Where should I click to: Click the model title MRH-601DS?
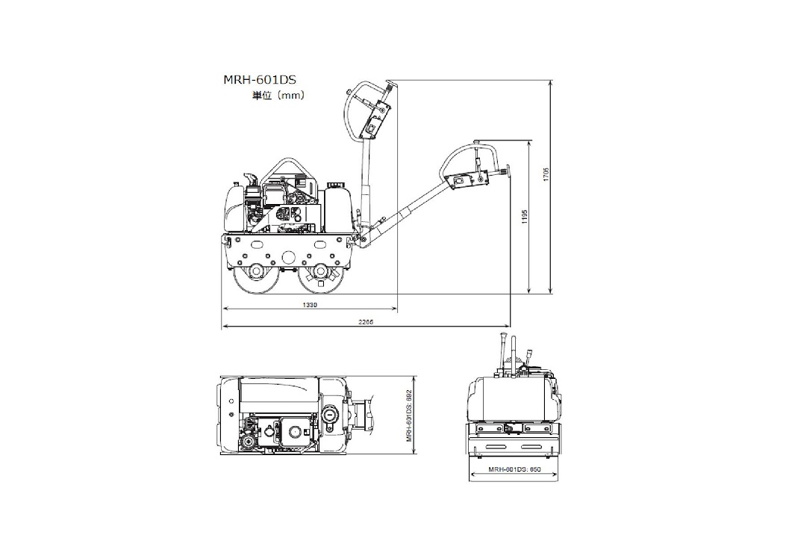(x=260, y=79)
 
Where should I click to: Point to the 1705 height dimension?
(x=546, y=174)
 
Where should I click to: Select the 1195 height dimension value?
(x=525, y=217)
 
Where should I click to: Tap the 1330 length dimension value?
(x=310, y=305)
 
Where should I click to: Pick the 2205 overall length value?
(x=366, y=321)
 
